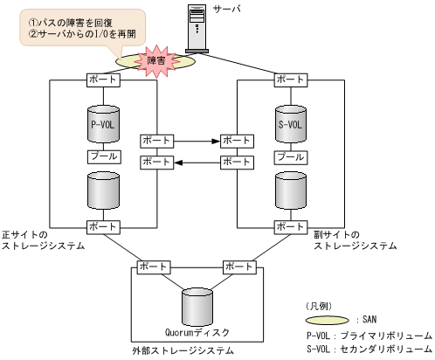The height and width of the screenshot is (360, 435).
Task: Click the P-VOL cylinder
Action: click(x=104, y=126)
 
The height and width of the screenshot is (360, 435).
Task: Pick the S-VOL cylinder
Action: click(x=291, y=126)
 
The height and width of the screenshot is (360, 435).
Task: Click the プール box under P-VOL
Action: click(x=104, y=156)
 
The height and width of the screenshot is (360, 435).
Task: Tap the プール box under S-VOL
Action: click(x=291, y=156)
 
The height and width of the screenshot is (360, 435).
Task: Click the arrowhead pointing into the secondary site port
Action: click(x=215, y=139)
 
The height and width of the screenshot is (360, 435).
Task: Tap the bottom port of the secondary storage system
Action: click(x=291, y=227)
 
